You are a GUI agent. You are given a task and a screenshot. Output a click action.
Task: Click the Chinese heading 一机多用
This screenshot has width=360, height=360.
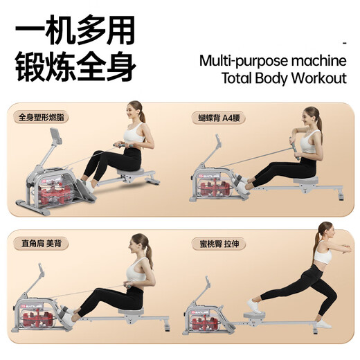[x=75, y=32]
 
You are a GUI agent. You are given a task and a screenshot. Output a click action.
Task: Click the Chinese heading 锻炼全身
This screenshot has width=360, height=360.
[x=75, y=68]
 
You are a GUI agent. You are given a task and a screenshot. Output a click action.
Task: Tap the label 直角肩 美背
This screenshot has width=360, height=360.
[x=39, y=244]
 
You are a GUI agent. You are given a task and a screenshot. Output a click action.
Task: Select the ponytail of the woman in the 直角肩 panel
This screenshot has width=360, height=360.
[x=149, y=253]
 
